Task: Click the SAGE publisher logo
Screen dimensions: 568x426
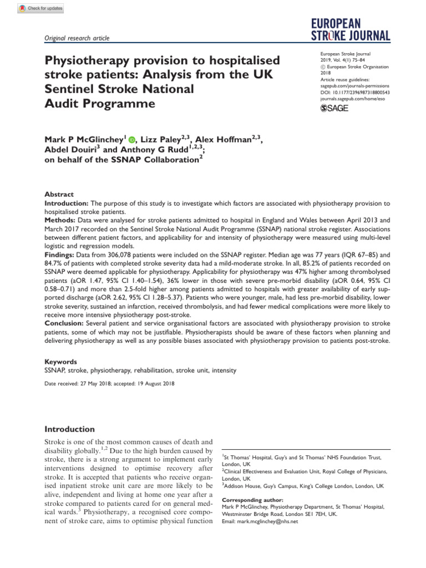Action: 334,108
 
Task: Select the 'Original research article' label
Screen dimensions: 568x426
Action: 77,38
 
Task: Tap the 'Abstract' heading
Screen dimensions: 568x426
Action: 59,195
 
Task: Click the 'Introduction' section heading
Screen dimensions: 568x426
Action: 70,429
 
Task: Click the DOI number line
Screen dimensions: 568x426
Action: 355,92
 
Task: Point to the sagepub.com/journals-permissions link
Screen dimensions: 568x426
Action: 356,86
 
